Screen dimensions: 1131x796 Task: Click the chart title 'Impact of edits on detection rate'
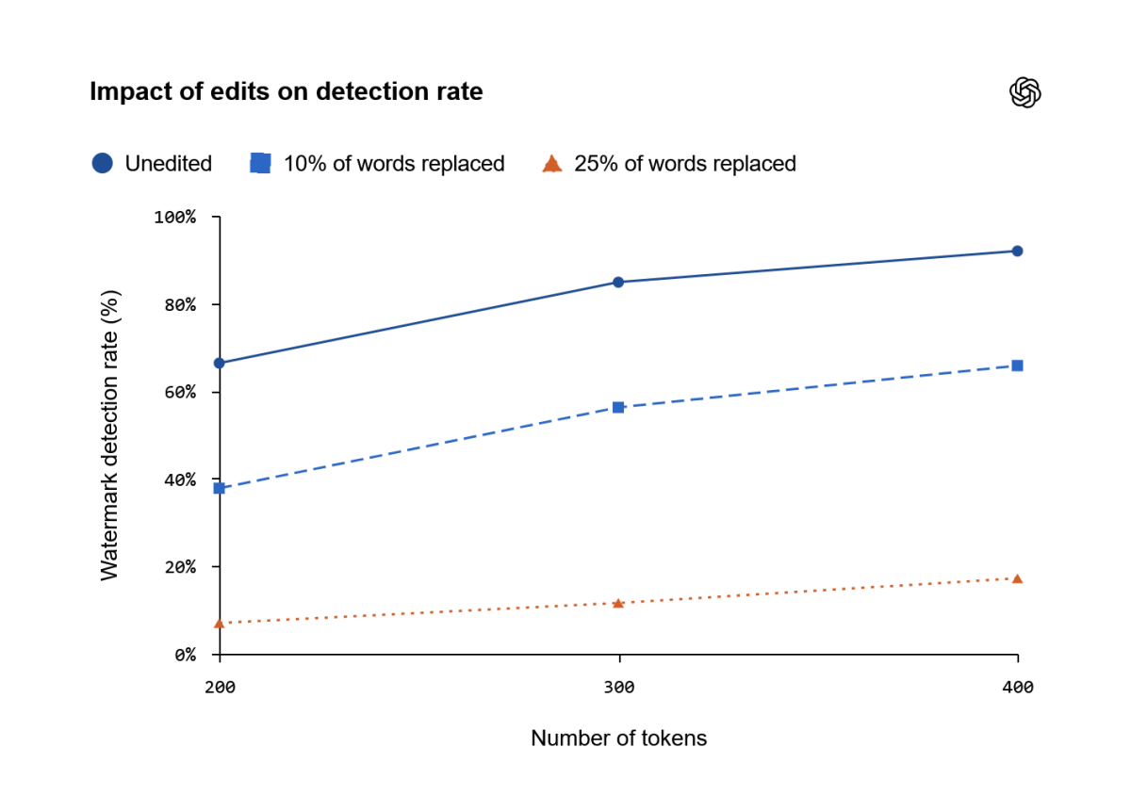287,92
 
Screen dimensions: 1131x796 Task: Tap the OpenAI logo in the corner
1025,92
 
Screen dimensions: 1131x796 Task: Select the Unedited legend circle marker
103,163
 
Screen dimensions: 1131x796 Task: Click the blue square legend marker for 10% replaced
260,163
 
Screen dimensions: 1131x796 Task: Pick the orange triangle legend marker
552,164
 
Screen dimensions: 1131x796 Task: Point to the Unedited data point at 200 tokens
220,363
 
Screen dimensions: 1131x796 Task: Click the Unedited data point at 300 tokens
618,283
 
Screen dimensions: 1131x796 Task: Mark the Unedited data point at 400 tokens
1017,251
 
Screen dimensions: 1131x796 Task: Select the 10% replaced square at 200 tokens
219,488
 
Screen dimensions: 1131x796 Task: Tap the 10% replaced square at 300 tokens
618,407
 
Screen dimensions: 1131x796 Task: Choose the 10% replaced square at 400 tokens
1017,366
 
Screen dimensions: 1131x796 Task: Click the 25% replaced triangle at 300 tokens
618,603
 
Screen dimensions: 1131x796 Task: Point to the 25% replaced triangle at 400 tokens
1017,578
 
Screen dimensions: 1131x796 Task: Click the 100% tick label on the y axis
174,217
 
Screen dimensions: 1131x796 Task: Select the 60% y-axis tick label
180,392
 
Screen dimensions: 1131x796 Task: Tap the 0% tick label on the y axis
186,655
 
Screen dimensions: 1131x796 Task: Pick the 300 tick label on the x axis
619,687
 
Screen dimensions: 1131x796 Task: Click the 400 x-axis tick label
1018,687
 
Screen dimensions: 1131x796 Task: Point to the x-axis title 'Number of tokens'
618,738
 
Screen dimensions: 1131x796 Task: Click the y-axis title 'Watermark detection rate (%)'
109,435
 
